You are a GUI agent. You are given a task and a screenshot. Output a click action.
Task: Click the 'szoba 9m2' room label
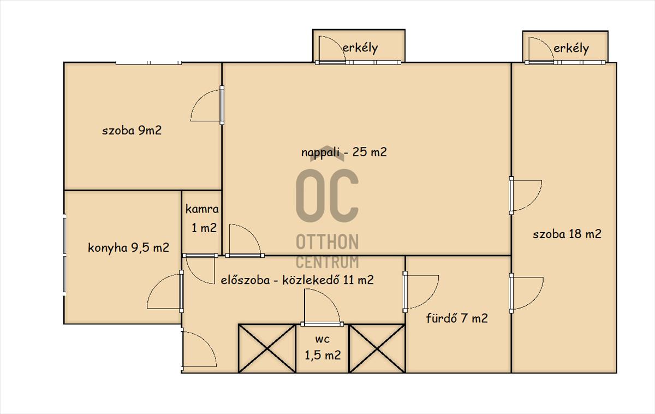pos(132,131)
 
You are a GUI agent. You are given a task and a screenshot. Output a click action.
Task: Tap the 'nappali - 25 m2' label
pos(344,152)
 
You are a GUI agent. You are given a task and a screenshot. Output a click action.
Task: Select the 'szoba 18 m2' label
pos(567,234)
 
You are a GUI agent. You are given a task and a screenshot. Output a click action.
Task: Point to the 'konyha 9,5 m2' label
pos(128,248)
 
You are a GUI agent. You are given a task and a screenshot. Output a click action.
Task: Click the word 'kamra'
pos(202,209)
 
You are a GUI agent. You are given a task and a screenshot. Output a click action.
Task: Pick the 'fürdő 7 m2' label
pos(457,318)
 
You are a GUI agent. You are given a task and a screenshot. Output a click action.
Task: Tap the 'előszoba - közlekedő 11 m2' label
pos(297,280)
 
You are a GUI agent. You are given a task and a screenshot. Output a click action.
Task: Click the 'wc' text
pos(323,339)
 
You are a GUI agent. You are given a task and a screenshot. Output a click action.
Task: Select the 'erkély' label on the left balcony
pos(360,48)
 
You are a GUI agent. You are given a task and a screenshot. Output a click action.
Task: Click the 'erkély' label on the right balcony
pos(571,49)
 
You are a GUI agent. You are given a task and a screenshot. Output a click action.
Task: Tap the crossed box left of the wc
pos(267,348)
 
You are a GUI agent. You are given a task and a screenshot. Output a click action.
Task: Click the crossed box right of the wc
pos(377,348)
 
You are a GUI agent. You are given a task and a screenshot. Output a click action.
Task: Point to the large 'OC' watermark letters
pos(327,195)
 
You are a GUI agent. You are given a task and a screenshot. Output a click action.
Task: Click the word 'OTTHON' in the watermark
pos(327,241)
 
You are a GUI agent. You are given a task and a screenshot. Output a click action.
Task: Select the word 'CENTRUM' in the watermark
pos(327,262)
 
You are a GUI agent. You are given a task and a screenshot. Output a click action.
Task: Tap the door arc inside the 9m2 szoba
pos(199,98)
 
